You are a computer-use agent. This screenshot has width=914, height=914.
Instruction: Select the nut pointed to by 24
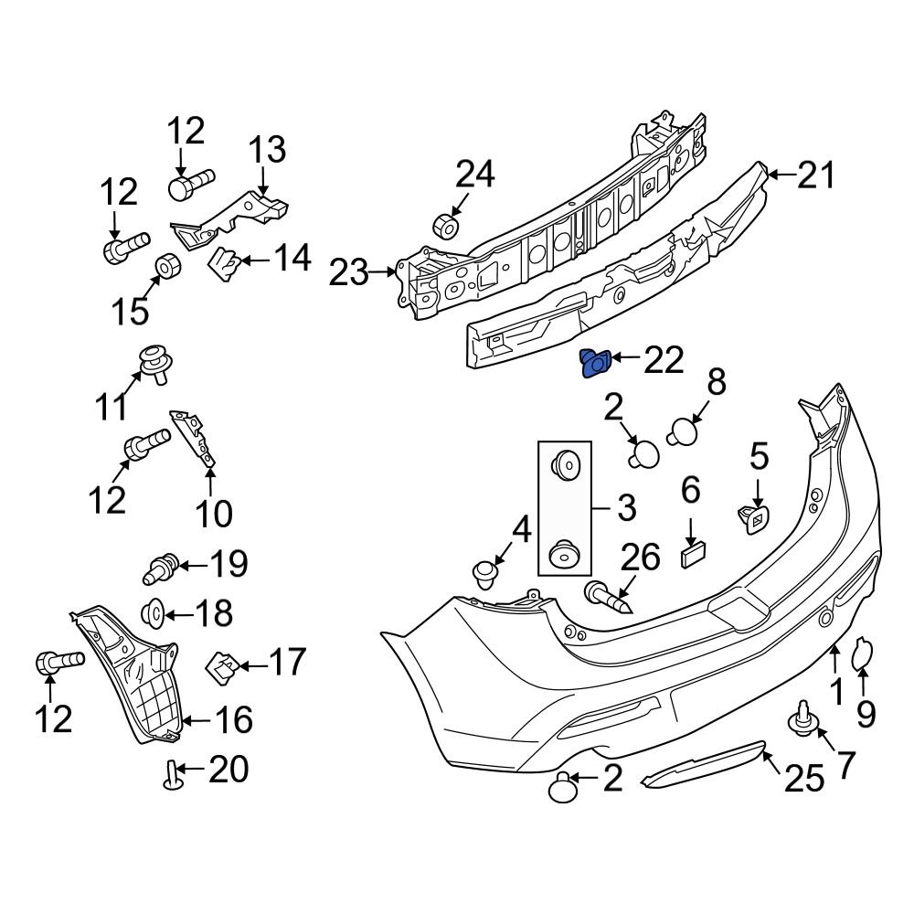coord(445,225)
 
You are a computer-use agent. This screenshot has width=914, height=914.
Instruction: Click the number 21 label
coord(815,174)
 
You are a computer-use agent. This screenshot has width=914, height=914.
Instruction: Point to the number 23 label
coord(350,272)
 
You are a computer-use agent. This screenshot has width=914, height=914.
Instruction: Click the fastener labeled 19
coord(161,567)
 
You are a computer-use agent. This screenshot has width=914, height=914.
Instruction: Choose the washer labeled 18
coord(153,611)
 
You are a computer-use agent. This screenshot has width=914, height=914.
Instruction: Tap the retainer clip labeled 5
coord(753,519)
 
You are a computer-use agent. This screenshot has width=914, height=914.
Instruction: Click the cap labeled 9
coord(863,654)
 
